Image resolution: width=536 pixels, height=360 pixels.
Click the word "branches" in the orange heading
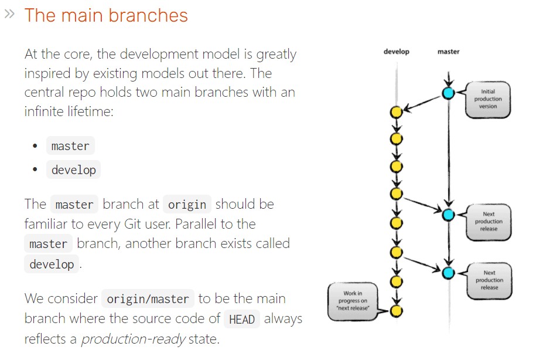pyautogui.click(x=152, y=15)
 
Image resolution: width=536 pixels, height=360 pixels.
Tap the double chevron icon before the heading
pyautogui.click(x=9, y=14)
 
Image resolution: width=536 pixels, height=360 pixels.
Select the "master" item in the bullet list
pyautogui.click(x=70, y=146)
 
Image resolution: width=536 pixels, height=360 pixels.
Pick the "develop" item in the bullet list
pyautogui.click(x=73, y=170)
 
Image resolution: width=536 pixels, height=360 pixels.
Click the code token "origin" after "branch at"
pyautogui.click(x=187, y=205)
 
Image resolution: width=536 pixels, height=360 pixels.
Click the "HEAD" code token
pyautogui.click(x=242, y=320)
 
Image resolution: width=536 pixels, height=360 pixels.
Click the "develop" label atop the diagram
pyautogui.click(x=397, y=52)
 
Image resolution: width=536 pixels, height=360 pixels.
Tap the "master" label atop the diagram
pyautogui.click(x=448, y=52)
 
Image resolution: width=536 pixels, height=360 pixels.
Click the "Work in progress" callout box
pyautogui.click(x=353, y=301)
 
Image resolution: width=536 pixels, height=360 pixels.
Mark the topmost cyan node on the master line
pyautogui.click(x=448, y=93)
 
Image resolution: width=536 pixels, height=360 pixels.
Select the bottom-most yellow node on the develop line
pyautogui.click(x=397, y=310)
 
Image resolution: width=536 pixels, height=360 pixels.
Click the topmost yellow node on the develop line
pyautogui.click(x=397, y=111)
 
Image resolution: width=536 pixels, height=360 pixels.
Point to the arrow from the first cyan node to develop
pyautogui.click(x=423, y=102)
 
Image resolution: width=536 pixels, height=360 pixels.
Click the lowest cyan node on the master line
pyautogui.click(x=448, y=272)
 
